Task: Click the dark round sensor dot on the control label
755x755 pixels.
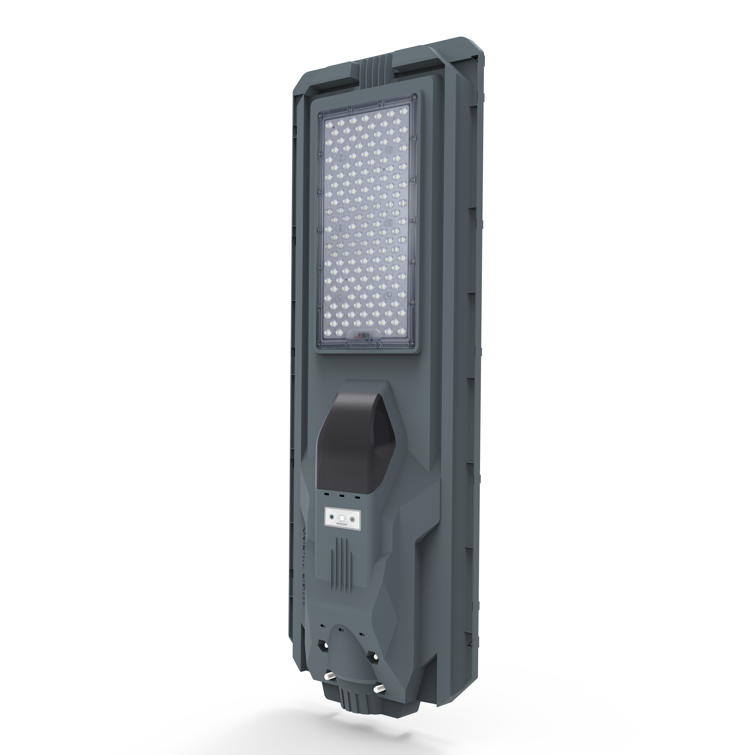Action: point(332,517)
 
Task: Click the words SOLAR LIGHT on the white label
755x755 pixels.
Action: point(342,524)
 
